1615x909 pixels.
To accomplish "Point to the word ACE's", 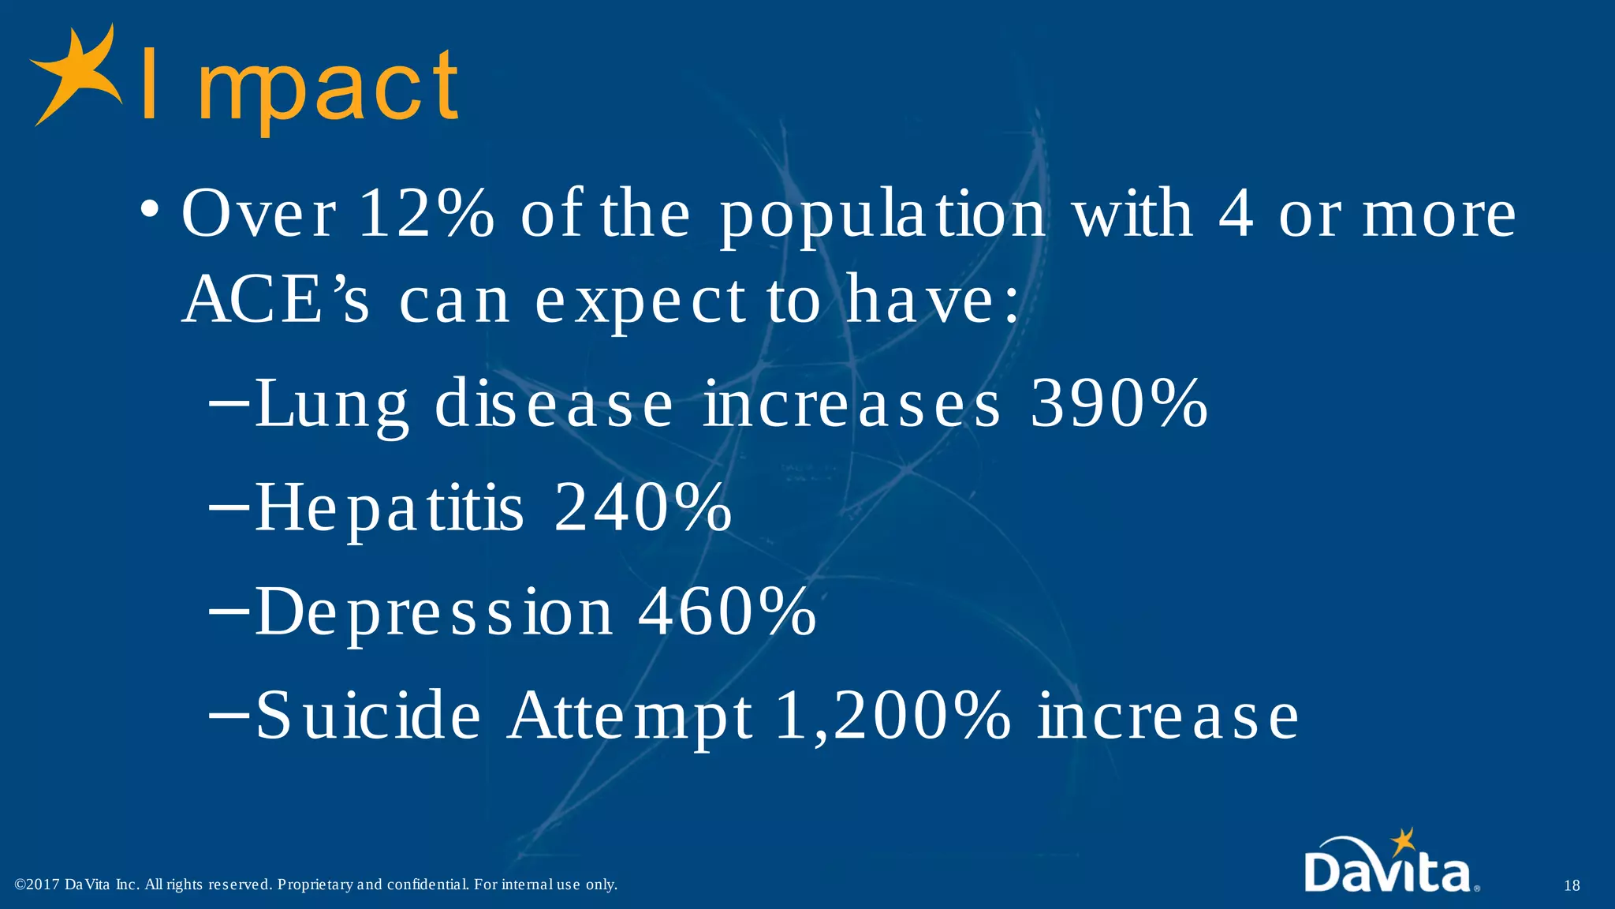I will pyautogui.click(x=275, y=300).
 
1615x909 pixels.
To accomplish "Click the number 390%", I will pyautogui.click(x=1119, y=403).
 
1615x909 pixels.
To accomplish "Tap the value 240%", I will pyautogui.click(x=643, y=507).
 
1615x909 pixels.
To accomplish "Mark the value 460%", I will pyautogui.click(x=726, y=612).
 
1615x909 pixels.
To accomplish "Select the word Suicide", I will pyautogui.click(x=367, y=715).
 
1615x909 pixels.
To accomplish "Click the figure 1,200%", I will pyautogui.click(x=892, y=715).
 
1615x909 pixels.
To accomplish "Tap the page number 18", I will pyautogui.click(x=1571, y=885).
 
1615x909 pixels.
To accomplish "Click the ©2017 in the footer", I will pyautogui.click(x=37, y=885).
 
